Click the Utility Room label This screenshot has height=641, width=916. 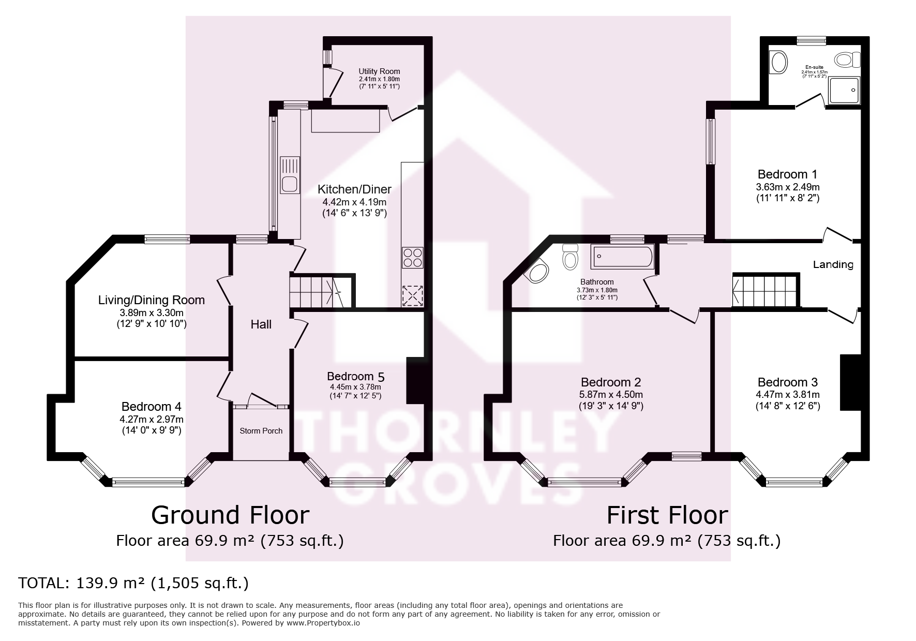pos(379,71)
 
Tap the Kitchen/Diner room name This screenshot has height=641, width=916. pos(354,189)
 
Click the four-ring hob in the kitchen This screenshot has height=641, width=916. pos(412,258)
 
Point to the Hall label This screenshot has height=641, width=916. pos(261,324)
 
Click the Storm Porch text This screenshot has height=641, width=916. pos(261,430)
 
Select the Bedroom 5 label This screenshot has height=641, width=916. pos(355,377)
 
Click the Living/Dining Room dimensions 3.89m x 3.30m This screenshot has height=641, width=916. pos(152,313)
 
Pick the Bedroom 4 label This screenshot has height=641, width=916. pos(152,407)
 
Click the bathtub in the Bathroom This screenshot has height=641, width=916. pos(623,256)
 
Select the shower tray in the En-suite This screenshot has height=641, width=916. pos(843,91)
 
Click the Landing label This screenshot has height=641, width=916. pos(833,264)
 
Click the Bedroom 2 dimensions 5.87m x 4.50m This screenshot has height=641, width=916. pos(611,395)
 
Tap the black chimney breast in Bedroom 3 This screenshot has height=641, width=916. pos(850,382)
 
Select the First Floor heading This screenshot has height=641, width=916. pos(667,515)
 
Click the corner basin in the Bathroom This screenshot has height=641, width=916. pos(537,271)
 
